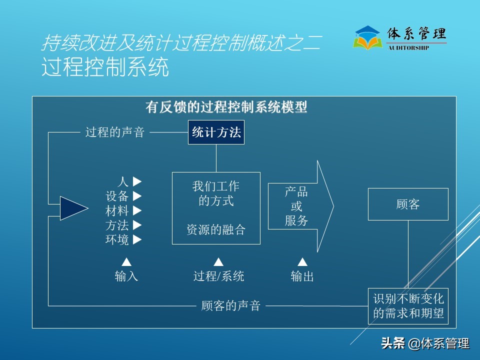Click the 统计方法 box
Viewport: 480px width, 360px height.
(x=216, y=132)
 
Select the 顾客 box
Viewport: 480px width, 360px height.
(x=408, y=204)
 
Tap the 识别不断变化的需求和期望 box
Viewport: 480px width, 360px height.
(x=408, y=306)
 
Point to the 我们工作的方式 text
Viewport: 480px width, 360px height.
(x=216, y=193)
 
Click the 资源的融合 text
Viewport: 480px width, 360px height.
(x=216, y=229)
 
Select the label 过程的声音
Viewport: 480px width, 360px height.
(x=115, y=132)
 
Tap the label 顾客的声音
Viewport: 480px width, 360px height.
(x=231, y=305)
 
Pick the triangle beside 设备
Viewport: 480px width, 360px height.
(x=137, y=196)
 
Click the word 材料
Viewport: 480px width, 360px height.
(x=117, y=211)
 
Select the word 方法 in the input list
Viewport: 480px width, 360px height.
(x=117, y=225)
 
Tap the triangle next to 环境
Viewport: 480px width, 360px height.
(x=137, y=240)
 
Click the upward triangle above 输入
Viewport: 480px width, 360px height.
(x=126, y=262)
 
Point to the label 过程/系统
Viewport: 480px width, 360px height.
(x=218, y=276)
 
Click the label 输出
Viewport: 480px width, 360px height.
(x=302, y=276)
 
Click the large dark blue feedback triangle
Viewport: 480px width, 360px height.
(x=72, y=208)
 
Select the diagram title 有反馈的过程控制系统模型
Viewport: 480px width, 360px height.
(x=226, y=107)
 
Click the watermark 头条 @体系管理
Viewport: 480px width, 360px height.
(x=425, y=343)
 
